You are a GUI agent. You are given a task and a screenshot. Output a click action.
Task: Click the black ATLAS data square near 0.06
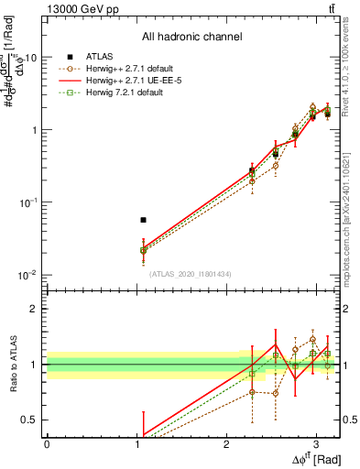143,220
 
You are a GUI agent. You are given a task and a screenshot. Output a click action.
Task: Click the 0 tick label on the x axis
47,442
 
